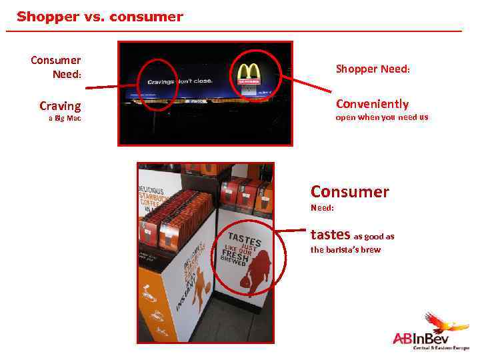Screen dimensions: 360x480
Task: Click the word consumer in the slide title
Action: (x=146, y=17)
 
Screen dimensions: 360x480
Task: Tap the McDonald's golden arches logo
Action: (x=249, y=71)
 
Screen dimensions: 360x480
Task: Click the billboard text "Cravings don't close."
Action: (x=175, y=81)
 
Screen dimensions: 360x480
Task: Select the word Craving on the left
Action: (x=60, y=106)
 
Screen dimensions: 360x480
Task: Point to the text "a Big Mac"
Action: (x=65, y=119)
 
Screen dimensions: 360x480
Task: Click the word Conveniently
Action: (x=372, y=104)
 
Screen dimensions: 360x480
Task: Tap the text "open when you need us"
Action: (x=382, y=117)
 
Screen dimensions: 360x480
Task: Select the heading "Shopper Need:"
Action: (x=373, y=69)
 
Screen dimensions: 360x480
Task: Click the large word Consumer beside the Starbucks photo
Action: (x=349, y=192)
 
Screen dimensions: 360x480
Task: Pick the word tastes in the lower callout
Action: (x=330, y=235)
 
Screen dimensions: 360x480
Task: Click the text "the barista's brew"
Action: (x=345, y=250)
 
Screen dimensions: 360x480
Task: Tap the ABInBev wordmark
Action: (x=421, y=339)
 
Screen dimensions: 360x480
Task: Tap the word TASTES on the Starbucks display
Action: (x=244, y=239)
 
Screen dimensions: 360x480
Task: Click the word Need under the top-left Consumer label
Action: (x=67, y=73)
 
